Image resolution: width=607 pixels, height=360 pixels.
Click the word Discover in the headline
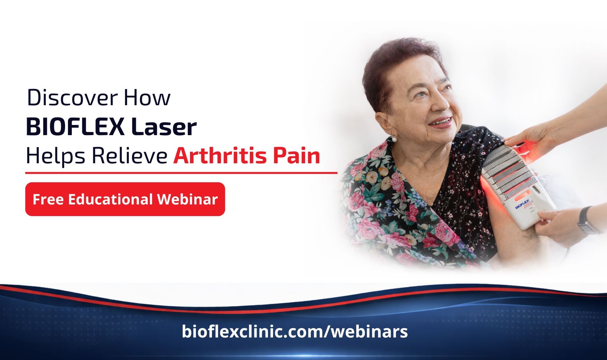point(72,97)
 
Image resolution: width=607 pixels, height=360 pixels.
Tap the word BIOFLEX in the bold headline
point(75,127)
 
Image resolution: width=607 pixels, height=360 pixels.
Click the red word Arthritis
point(220,156)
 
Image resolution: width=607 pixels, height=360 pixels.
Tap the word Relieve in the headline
point(129,156)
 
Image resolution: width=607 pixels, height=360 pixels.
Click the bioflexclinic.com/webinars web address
point(295,331)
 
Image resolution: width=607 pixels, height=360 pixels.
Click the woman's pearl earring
point(394,139)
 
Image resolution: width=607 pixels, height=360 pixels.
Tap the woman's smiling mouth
point(441,122)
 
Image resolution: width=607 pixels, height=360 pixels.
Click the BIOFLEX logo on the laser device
point(523,204)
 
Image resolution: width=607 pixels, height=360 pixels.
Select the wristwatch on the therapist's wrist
point(587,220)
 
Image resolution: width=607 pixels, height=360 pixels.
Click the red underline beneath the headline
point(181,173)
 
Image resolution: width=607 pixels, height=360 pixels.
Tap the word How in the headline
point(147,97)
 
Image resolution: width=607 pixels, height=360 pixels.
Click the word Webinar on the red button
point(187,199)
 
